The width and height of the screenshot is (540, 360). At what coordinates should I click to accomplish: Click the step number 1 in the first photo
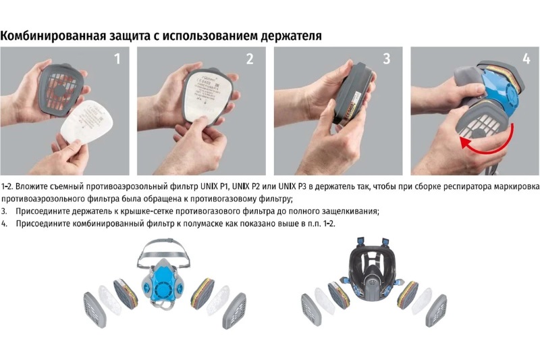[x=117, y=59]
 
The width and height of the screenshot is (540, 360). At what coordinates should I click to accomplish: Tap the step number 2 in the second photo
[x=250, y=59]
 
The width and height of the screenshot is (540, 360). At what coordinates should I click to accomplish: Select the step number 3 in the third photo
[x=387, y=59]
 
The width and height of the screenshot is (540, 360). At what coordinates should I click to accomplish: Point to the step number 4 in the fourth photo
[x=526, y=59]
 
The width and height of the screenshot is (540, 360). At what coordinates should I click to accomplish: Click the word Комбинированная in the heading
[x=53, y=36]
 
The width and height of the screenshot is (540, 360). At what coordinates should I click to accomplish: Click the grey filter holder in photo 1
[x=61, y=90]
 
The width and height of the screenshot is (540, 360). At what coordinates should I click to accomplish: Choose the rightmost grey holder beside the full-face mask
[x=436, y=311]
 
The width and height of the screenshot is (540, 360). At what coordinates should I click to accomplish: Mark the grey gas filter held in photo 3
[x=354, y=92]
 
